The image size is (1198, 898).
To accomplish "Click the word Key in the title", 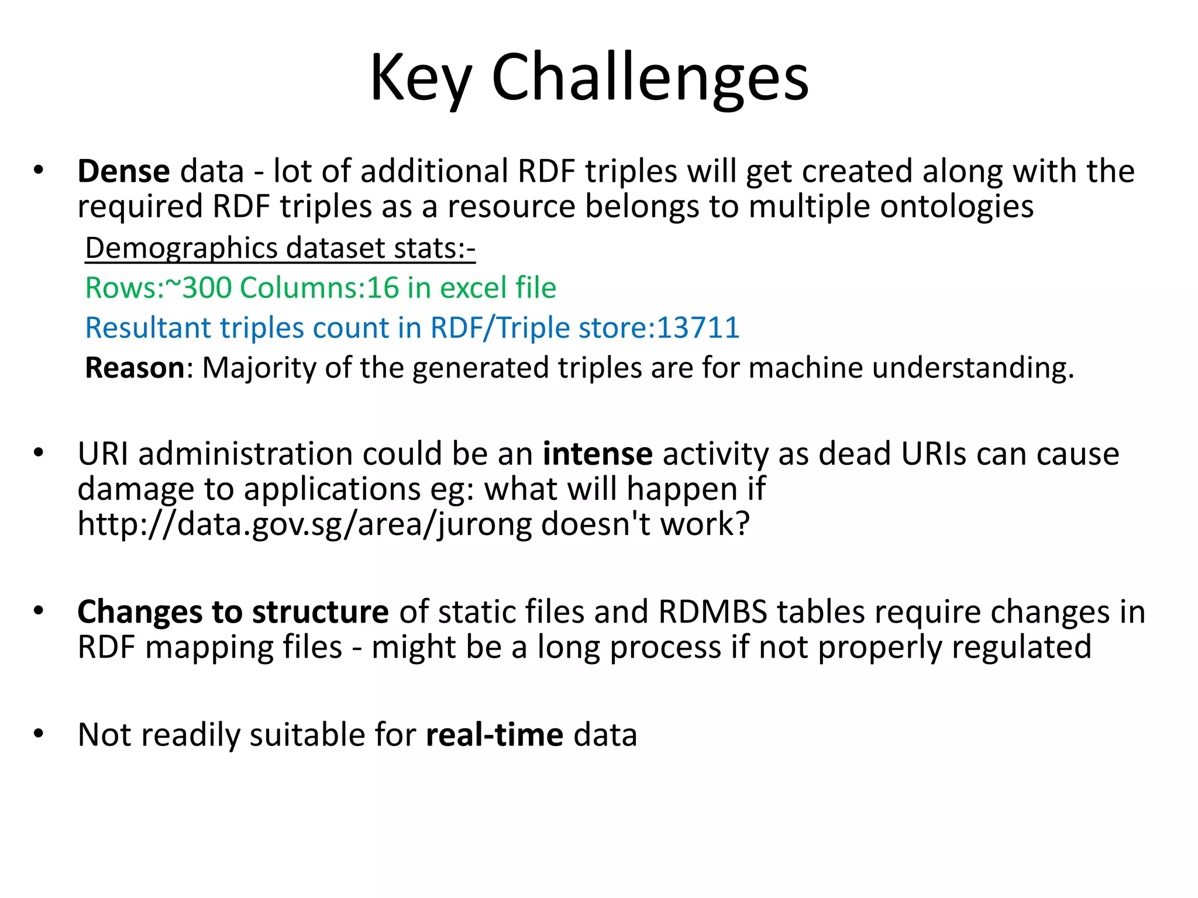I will [421, 78].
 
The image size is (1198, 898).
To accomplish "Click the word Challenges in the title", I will [650, 78].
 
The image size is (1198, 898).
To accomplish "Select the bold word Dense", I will [123, 172].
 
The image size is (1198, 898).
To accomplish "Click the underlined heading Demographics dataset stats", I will [280, 248].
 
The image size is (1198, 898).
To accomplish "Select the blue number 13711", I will [698, 328].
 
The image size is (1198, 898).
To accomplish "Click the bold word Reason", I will [135, 368].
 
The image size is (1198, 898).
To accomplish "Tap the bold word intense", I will [597, 454].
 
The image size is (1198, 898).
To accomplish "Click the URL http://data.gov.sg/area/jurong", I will [305, 524].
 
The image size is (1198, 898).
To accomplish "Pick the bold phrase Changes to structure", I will [233, 612].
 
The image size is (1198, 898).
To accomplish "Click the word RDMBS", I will [712, 612].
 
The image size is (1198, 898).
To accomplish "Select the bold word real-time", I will [494, 735].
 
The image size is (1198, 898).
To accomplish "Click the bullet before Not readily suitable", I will [39, 734].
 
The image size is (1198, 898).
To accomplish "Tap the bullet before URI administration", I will [39, 453].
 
